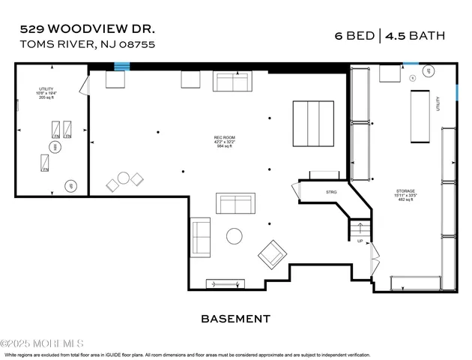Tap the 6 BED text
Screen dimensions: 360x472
[355, 34]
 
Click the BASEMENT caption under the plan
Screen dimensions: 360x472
[235, 319]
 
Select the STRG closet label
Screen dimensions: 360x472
[331, 192]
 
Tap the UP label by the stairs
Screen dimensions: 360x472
[360, 241]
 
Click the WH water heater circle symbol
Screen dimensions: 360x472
[53, 146]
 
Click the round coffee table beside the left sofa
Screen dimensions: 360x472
[235, 236]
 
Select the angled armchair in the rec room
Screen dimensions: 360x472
[272, 254]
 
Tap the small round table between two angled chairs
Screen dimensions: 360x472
[124, 178]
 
